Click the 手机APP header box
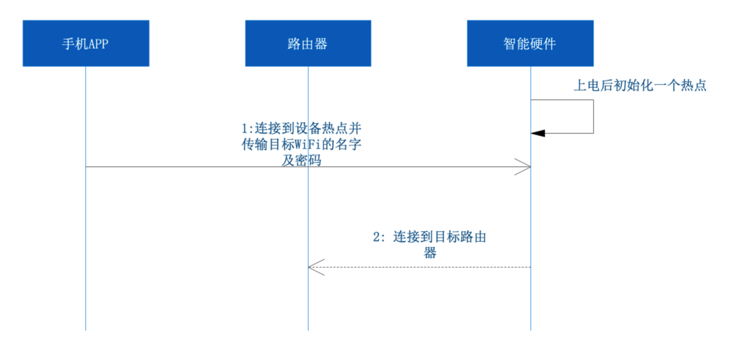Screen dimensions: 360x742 pos(85,43)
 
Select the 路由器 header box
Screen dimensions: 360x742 pos(308,43)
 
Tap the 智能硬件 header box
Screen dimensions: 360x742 pos(530,43)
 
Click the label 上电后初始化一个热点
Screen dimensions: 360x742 pos(639,85)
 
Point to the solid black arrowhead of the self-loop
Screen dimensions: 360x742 pos(537,133)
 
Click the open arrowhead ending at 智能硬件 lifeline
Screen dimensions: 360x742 pos(524,167)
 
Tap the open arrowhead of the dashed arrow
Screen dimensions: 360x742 pos(315,267)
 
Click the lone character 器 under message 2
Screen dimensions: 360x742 pos(430,252)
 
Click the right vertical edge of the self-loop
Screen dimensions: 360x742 pos(593,116)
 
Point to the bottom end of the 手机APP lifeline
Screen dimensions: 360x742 pos(85,329)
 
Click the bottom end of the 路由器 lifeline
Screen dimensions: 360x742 pos(308,329)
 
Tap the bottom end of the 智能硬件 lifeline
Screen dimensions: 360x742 pos(530,329)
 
